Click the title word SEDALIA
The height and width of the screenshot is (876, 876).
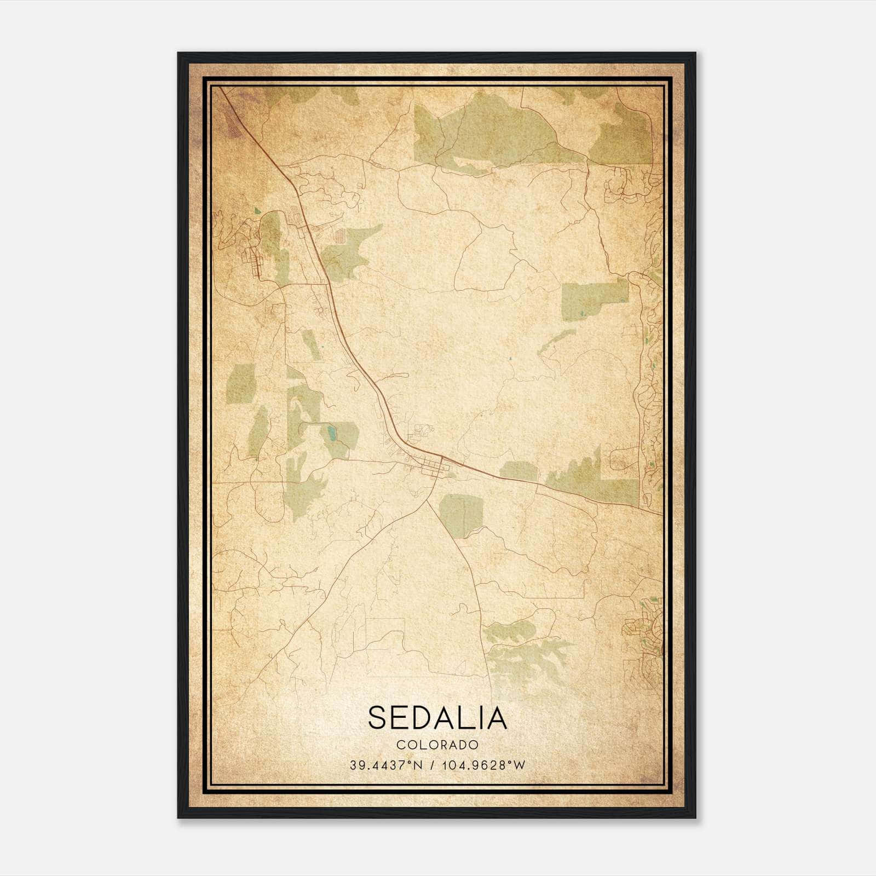[437, 718]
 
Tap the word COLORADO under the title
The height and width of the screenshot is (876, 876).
[437, 745]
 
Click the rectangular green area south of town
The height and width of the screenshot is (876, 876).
[460, 515]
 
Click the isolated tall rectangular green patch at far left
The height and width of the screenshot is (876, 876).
[241, 383]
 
